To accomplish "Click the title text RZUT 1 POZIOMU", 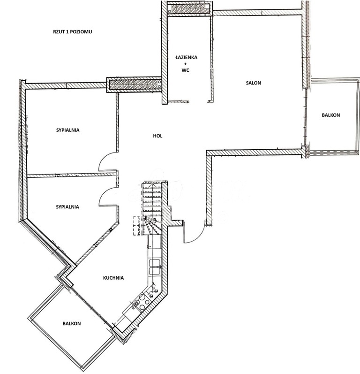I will (x=73, y=32).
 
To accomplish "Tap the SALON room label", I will (x=253, y=83).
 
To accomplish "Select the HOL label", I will (x=157, y=136).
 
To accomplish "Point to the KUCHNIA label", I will (x=113, y=278).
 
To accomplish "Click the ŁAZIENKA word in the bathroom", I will (x=186, y=57).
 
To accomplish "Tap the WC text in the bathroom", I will (x=186, y=70).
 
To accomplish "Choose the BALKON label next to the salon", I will (x=330, y=115).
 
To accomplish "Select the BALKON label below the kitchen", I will (x=72, y=324).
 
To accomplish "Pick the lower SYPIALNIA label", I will (x=67, y=206).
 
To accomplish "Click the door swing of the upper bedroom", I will (x=107, y=162).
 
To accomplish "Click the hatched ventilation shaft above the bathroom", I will (x=190, y=8).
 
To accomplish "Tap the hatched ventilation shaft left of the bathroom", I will (x=135, y=84).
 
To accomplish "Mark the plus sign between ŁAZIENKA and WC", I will (x=186, y=63).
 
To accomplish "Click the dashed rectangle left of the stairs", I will (x=137, y=226).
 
